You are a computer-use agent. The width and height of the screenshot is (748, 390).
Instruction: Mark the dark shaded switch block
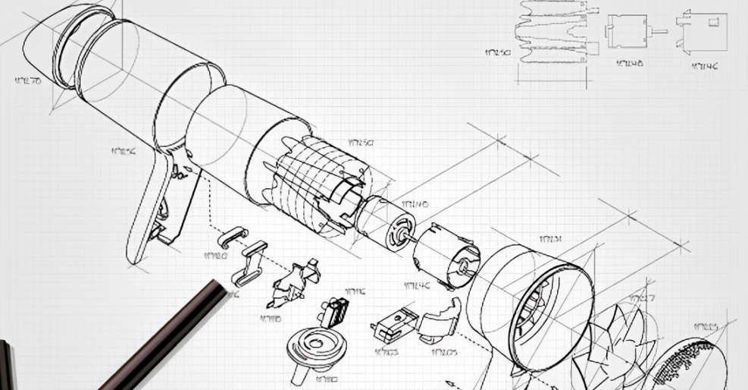[338, 311]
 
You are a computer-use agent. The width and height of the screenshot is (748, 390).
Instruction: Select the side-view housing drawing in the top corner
[701, 31]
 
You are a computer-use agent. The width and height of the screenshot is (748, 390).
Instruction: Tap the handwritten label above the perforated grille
[705, 326]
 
